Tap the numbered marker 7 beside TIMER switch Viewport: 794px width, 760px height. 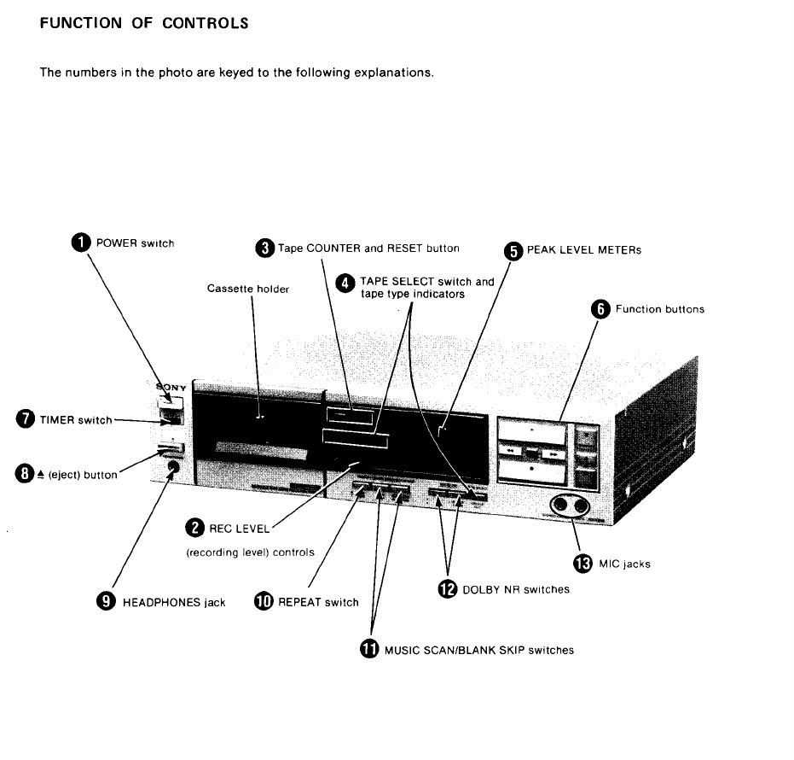point(26,418)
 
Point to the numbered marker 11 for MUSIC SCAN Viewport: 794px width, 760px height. point(368,649)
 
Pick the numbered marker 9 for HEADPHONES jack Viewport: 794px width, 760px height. point(107,601)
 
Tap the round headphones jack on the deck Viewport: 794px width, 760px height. point(174,467)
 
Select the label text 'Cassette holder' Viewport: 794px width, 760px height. point(248,289)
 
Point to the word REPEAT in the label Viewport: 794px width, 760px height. point(299,602)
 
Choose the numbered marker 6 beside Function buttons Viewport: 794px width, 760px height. point(600,309)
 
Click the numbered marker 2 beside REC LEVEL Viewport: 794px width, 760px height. point(194,529)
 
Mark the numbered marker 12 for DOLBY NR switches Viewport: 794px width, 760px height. point(446,589)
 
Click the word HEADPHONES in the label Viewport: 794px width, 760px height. point(163,602)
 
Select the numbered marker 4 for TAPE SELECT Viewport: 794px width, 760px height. point(345,283)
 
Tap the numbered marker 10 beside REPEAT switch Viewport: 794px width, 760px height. point(264,601)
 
